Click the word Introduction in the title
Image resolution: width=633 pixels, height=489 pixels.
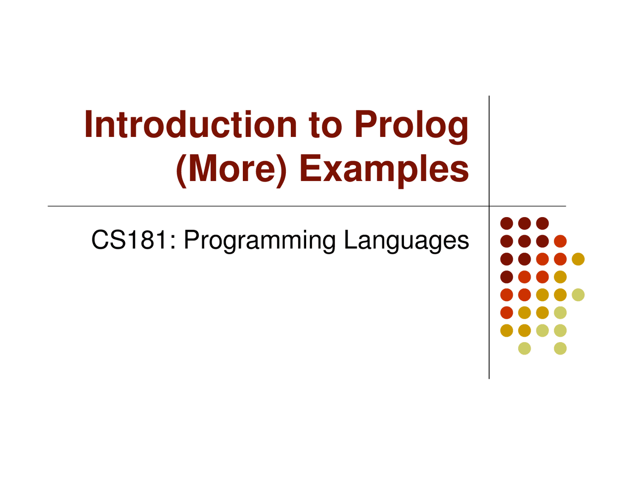(190, 125)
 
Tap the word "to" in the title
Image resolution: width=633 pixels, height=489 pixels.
(325, 125)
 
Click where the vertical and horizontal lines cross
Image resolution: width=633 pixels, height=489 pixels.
(489, 206)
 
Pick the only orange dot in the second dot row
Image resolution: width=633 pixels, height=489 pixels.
(560, 241)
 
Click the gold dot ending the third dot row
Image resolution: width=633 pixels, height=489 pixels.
(578, 259)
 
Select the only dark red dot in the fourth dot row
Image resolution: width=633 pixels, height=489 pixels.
(506, 277)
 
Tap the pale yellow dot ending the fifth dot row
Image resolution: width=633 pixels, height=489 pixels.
(578, 295)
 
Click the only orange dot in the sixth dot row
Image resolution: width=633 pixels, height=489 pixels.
(506, 312)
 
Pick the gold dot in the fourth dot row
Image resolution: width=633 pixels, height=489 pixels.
(560, 277)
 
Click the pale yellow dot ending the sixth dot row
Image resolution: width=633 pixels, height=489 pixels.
(560, 312)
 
